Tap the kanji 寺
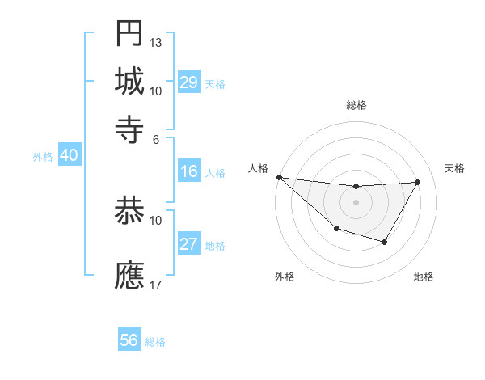point(129,127)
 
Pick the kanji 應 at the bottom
point(129,275)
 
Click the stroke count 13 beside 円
point(156,42)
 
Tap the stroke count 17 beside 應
point(156,285)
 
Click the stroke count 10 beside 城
point(156,90)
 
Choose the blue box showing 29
point(189,82)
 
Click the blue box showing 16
point(189,171)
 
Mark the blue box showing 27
point(189,244)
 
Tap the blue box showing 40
point(69,156)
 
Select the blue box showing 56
point(129,340)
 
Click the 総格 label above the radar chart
point(356,105)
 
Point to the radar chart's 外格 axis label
point(285,277)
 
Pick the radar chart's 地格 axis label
point(424,277)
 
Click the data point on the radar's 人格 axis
point(279,177)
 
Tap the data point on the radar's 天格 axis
point(417,182)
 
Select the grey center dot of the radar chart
point(356,202)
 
